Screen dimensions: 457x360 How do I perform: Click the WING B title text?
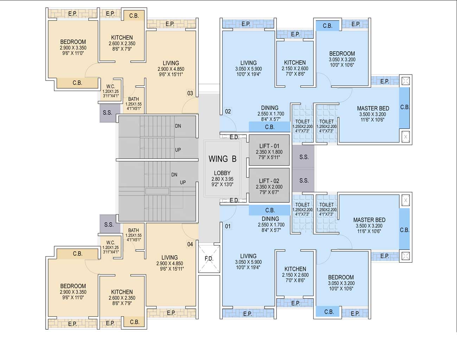[222, 159]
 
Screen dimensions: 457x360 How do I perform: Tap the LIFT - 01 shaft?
[269, 150]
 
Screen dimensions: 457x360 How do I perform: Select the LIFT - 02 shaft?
[269, 185]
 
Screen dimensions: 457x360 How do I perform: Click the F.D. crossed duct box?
[209, 259]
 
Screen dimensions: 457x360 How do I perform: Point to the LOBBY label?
[222, 173]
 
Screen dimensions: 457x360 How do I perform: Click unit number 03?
[190, 93]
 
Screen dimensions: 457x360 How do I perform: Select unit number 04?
[190, 244]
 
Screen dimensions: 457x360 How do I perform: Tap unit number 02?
[228, 111]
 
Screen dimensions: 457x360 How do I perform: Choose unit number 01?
[228, 226]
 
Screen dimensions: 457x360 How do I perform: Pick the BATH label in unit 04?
[134, 230]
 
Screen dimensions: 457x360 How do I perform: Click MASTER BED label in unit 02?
[373, 108]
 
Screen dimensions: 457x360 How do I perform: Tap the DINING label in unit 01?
[270, 219]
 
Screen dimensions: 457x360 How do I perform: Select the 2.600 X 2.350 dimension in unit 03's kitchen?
[122, 44]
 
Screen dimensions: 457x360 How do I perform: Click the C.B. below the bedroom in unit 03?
[77, 83]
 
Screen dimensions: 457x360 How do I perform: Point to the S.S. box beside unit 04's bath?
[109, 225]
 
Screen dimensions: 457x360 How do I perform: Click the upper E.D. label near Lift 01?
[234, 137]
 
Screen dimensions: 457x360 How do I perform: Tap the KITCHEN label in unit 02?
[295, 63]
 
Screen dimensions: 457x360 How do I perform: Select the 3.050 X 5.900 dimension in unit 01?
[248, 262]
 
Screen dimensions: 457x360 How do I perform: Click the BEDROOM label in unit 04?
[73, 286]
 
